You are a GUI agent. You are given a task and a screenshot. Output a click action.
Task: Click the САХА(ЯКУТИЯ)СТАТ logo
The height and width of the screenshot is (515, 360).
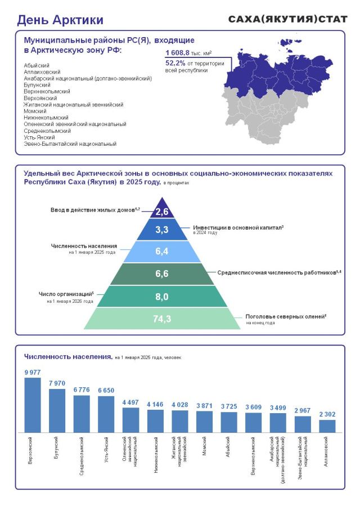(288, 19)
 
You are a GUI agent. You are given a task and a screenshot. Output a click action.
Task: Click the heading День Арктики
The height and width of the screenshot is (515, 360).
(60, 20)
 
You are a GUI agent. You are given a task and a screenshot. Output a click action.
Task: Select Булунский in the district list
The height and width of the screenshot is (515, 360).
(37, 85)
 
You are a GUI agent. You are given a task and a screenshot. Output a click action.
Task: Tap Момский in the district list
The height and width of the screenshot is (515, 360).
(35, 111)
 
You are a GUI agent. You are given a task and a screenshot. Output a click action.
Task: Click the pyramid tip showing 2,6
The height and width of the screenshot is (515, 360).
(162, 212)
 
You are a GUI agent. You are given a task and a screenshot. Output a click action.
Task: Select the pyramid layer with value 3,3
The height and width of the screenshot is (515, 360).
(162, 230)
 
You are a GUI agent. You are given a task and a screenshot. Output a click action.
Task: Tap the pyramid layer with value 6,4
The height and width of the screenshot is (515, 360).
(162, 252)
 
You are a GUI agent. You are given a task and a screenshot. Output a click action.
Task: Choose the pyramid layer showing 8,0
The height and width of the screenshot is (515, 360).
(162, 296)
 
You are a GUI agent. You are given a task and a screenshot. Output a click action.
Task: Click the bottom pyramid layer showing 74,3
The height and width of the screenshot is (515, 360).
(162, 319)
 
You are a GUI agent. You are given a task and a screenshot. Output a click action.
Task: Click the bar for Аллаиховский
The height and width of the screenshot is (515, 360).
(327, 426)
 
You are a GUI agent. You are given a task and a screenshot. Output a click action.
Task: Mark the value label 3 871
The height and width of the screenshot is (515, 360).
(204, 405)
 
